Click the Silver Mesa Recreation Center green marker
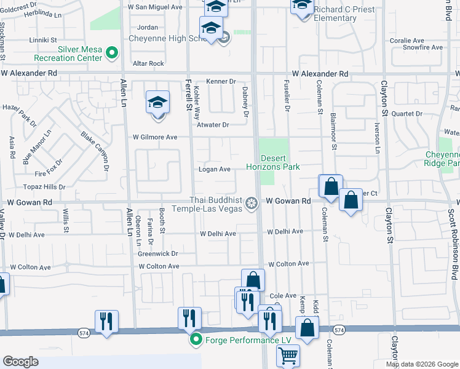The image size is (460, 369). point(112,54)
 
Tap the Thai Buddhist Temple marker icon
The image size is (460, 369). point(251,202)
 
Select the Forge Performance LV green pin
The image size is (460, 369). point(196,340)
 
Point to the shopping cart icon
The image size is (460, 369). point(288,355)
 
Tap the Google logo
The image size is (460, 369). point(20,362)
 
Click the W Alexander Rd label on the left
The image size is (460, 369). point(29,73)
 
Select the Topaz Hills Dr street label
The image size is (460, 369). point(44,186)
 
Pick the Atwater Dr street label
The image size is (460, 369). point(213,125)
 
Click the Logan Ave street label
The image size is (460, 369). point(214,169)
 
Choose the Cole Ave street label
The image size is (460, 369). point(283,296)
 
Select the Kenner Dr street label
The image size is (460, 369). point(221,81)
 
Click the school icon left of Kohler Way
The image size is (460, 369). point(157,101)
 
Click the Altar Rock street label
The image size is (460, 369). point(148,63)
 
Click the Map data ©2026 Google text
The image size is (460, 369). point(422,364)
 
